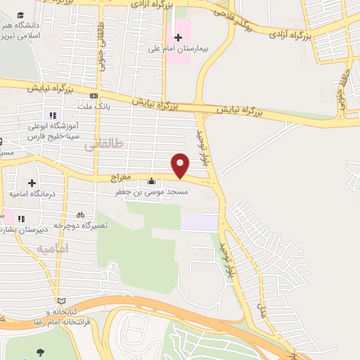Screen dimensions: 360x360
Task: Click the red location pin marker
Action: (181, 165)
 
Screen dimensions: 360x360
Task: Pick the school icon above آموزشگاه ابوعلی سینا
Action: (51, 115)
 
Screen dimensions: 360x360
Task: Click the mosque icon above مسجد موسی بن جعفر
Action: (151, 181)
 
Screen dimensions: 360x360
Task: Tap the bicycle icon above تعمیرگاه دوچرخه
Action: (80, 214)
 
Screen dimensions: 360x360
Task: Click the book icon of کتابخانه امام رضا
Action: (61, 300)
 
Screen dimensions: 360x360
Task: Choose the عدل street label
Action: (264, 308)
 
